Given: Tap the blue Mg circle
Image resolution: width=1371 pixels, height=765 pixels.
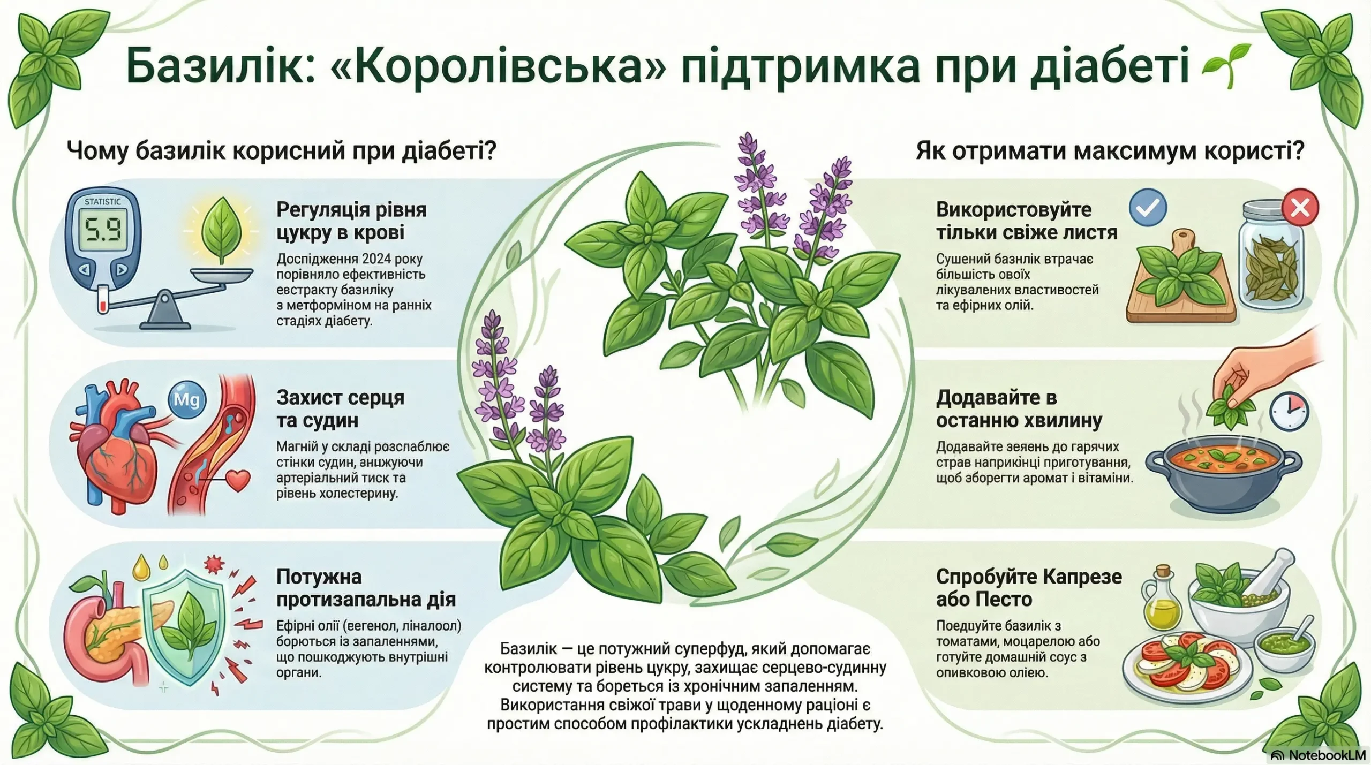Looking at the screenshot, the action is point(186,399).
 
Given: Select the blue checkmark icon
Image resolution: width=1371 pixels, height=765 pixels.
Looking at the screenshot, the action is point(1148,208).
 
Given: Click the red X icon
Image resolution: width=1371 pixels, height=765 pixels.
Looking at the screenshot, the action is point(1300,207).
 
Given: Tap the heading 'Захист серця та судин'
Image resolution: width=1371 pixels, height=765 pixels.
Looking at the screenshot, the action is point(341,409).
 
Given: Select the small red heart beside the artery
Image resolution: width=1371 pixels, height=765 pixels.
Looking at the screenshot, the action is point(238,480).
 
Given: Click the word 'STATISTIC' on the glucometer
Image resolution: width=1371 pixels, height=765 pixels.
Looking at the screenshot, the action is point(103,202).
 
